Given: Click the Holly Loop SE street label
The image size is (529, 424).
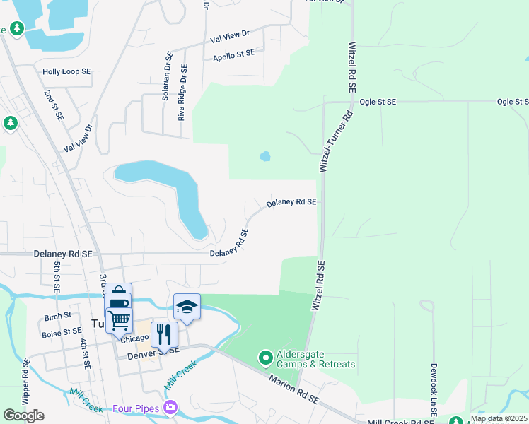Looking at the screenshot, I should click(66, 71).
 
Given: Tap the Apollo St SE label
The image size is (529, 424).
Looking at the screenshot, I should click(233, 54).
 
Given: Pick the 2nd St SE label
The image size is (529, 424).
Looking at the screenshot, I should click(54, 104).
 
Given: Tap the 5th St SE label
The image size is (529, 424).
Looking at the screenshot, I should click(57, 276).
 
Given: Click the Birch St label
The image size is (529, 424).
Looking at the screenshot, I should click(57, 315).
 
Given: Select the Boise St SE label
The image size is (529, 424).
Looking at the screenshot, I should click(62, 331).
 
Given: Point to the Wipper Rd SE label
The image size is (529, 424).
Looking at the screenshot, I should click(26, 382).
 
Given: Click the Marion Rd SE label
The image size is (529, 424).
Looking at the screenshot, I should click(294, 390).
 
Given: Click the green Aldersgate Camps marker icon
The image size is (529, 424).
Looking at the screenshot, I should click(266, 358).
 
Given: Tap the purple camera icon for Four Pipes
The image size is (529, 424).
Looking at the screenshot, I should click(170, 408).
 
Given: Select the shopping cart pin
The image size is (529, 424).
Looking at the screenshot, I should click(119, 320).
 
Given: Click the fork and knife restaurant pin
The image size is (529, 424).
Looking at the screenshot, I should click(164, 334).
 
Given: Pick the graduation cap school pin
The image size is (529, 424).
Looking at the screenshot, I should click(187, 307).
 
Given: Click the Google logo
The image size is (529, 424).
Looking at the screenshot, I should click(23, 415).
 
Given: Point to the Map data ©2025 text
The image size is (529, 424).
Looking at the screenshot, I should click(499, 418).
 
